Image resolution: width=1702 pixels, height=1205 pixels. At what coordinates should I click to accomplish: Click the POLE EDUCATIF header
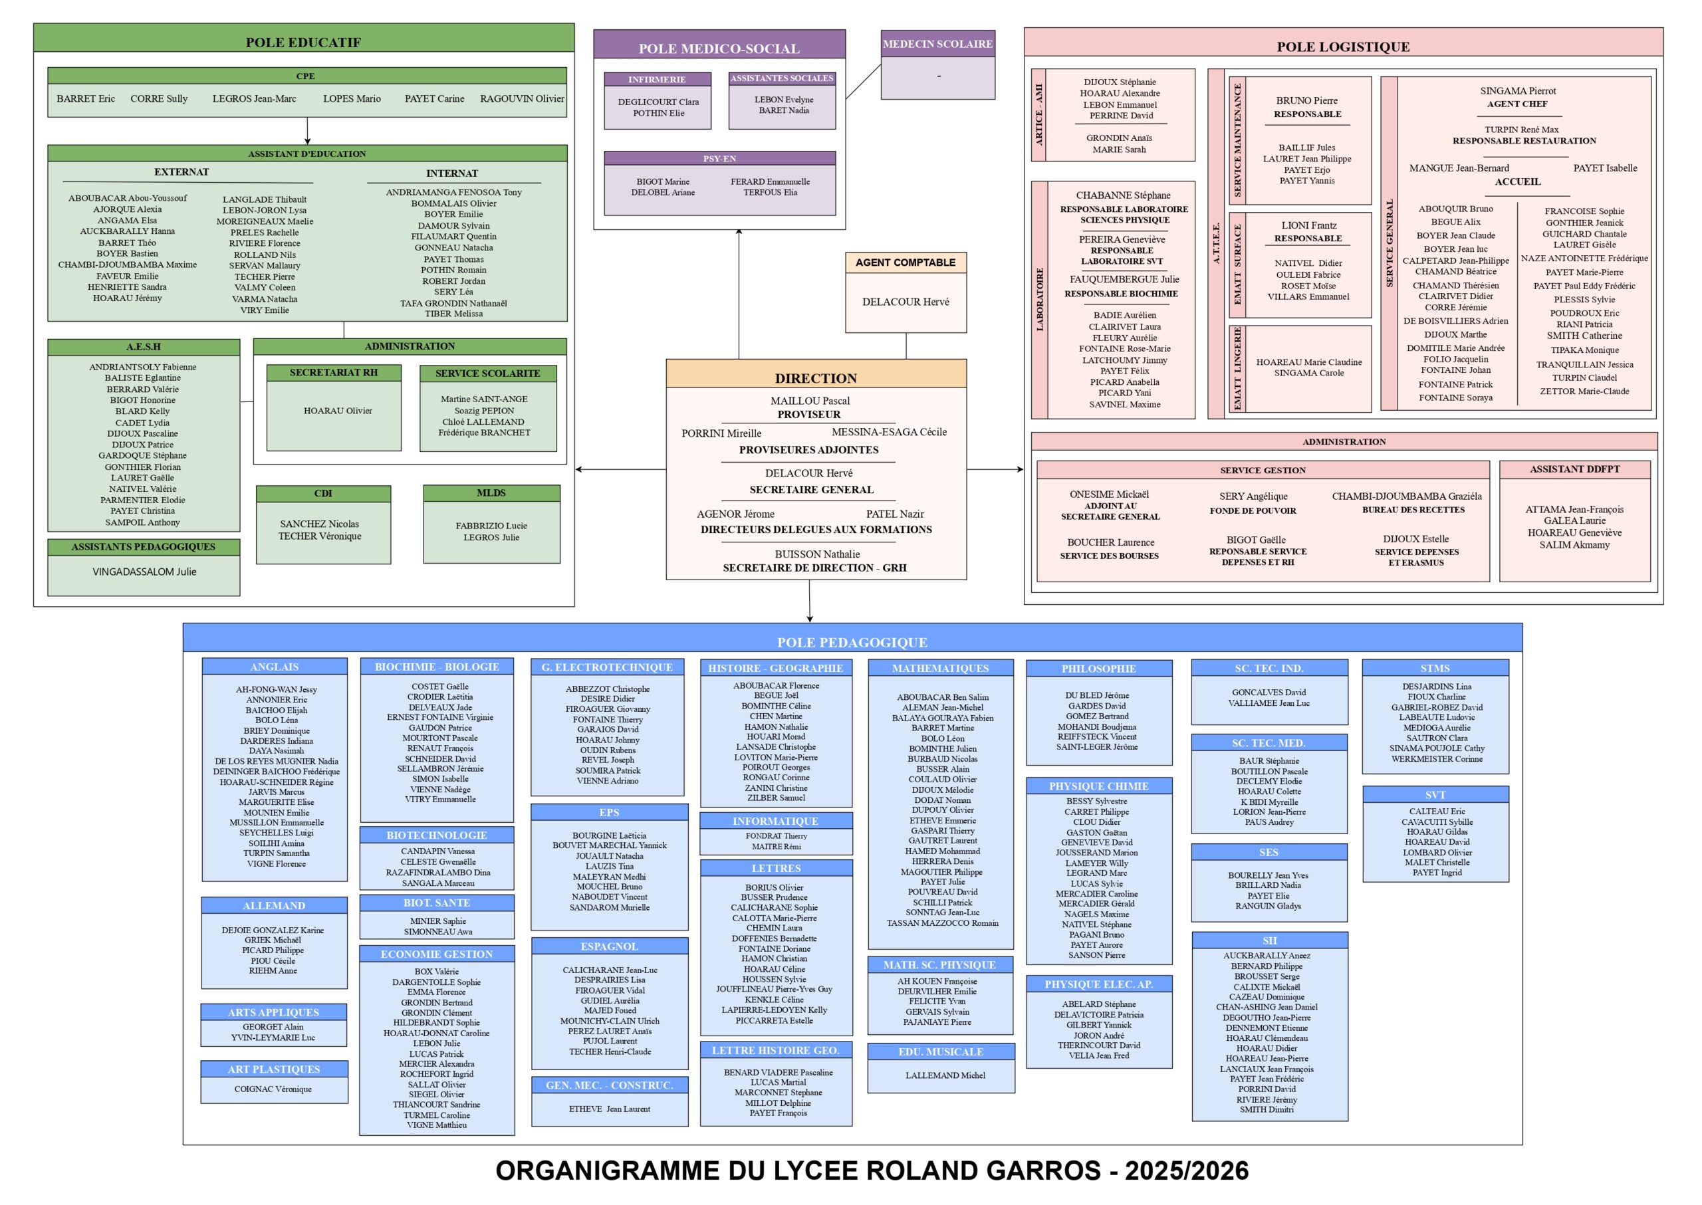click(x=303, y=43)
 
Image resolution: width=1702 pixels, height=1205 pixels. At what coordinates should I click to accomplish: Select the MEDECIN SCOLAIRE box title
click(x=937, y=44)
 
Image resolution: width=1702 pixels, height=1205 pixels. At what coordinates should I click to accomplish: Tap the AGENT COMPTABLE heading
click(x=905, y=263)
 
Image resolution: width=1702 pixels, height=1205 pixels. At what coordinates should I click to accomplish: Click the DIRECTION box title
click(x=816, y=378)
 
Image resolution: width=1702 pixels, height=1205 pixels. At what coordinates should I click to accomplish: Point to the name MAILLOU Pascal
click(x=810, y=401)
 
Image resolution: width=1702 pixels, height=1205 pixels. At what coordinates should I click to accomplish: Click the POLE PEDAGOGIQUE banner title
click(x=852, y=642)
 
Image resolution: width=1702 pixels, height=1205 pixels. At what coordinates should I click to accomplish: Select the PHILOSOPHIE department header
click(x=1098, y=669)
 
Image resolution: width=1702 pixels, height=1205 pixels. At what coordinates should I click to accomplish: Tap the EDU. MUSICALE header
click(x=941, y=1051)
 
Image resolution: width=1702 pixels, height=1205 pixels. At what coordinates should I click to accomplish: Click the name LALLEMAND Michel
click(x=945, y=1075)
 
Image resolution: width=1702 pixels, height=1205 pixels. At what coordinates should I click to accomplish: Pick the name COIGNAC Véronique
click(x=273, y=1089)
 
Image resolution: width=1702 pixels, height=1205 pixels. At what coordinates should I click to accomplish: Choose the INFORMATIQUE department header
click(x=775, y=822)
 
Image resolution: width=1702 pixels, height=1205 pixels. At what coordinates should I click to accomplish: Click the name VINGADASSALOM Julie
click(x=145, y=572)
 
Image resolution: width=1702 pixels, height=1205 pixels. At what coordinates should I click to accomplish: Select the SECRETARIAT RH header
click(x=333, y=372)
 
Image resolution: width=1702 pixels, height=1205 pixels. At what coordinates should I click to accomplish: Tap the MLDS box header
click(x=491, y=493)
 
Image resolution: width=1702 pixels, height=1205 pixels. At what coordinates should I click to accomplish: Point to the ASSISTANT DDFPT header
click(x=1574, y=469)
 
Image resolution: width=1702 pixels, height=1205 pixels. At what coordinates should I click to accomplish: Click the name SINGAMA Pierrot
click(x=1517, y=91)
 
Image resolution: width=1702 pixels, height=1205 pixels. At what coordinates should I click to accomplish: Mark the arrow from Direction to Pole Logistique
click(x=995, y=469)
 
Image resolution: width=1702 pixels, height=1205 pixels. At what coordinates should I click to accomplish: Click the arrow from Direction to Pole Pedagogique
click(x=809, y=601)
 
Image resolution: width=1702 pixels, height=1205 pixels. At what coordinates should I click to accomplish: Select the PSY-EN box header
click(x=719, y=159)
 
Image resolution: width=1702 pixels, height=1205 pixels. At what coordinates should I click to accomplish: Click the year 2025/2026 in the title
click(x=1186, y=1171)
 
